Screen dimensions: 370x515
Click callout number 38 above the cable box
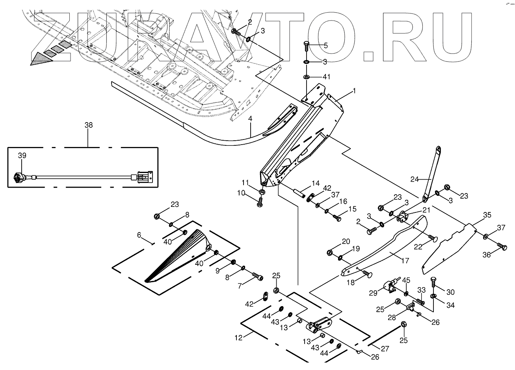point(89,125)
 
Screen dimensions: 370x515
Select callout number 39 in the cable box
point(22,156)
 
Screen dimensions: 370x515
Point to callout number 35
point(487,215)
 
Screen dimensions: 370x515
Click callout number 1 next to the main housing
point(354,91)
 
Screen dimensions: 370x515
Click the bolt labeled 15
point(337,218)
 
